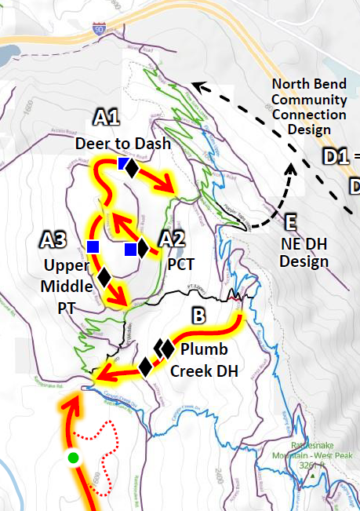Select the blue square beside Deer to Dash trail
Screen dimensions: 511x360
tap(123, 164)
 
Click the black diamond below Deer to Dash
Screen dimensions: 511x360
tap(133, 168)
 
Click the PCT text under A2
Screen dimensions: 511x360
tap(180, 264)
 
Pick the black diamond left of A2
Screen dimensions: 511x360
tap(143, 249)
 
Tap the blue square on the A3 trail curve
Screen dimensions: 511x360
tap(93, 247)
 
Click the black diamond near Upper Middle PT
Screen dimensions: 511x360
tap(104, 276)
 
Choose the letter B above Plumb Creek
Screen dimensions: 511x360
tap(198, 316)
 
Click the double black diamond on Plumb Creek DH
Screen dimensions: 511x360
tap(164, 348)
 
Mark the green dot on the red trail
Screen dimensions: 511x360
tap(74, 458)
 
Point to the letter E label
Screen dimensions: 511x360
tap(292, 221)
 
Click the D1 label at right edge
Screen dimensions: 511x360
tap(336, 157)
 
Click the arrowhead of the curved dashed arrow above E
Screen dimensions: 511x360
tap(289, 166)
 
